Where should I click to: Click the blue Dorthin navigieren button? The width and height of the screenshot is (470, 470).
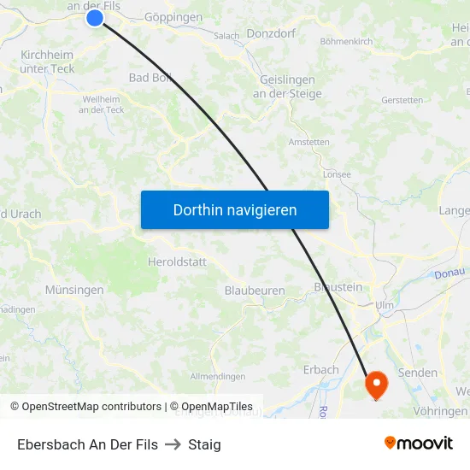click(x=235, y=209)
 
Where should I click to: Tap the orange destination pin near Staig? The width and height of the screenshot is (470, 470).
click(x=376, y=384)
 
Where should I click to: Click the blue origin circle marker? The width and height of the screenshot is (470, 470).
click(x=95, y=17)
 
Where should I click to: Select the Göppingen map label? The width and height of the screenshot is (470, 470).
click(x=173, y=17)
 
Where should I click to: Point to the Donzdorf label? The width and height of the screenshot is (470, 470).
click(x=272, y=34)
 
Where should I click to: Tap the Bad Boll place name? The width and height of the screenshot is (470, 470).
click(x=150, y=78)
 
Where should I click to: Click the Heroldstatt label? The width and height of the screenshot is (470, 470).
click(x=177, y=262)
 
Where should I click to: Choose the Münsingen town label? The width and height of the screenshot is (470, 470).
click(x=74, y=290)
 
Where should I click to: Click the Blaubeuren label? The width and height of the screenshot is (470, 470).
click(x=255, y=291)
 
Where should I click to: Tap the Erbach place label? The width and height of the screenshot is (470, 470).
click(x=321, y=370)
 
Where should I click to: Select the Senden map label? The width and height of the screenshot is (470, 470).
click(x=418, y=373)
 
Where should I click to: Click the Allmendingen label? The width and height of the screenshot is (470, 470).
click(x=218, y=376)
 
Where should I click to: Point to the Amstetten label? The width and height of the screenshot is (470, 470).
click(x=309, y=142)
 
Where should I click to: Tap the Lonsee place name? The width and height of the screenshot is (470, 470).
click(x=337, y=173)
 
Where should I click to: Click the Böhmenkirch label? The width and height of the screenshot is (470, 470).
click(x=346, y=41)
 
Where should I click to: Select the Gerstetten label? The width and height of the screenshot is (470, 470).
click(x=402, y=100)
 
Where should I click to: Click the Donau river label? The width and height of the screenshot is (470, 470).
click(x=449, y=273)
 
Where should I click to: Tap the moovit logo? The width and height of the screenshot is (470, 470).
click(x=419, y=444)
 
